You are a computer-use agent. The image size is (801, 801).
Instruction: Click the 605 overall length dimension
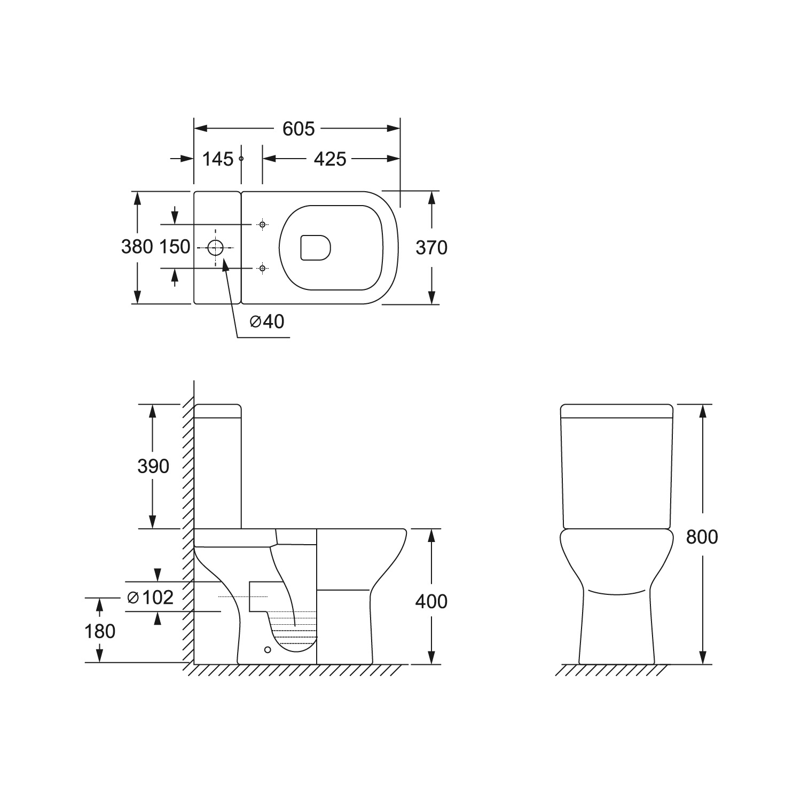299,129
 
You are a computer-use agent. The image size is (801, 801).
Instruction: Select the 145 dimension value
218,159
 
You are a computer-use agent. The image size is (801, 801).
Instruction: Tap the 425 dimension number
330,159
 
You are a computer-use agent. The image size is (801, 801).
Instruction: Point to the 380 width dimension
137,247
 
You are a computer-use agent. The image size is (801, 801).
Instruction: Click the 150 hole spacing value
174,247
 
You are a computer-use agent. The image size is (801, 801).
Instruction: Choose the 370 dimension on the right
431,248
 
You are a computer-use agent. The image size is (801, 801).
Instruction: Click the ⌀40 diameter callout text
267,321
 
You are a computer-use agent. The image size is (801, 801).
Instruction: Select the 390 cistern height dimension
153,466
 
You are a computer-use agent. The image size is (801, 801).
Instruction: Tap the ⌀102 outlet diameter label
151,597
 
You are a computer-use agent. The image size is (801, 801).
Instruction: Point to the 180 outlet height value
100,631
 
